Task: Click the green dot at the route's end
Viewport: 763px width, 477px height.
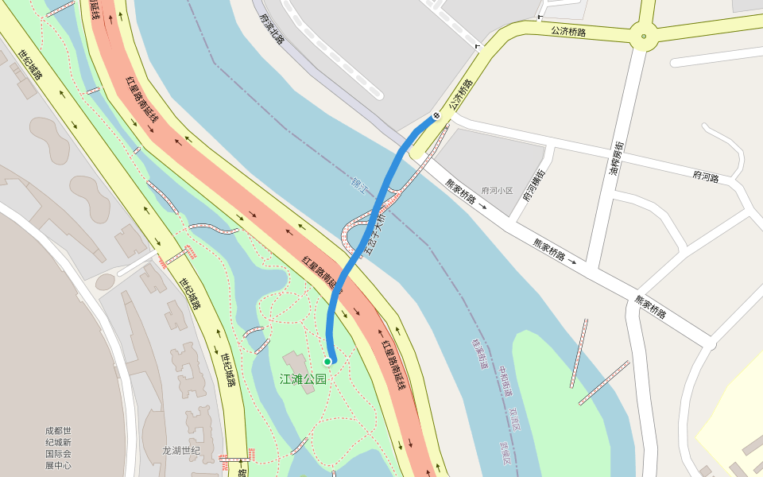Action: (327, 362)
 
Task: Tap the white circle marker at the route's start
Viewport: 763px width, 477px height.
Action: (436, 117)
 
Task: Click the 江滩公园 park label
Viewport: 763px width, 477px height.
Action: (303, 379)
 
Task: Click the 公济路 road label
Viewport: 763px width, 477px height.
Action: (567, 32)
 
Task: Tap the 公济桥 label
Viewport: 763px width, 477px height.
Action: (459, 95)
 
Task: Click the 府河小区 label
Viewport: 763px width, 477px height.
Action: (498, 192)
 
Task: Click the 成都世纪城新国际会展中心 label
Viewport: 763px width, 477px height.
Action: (58, 448)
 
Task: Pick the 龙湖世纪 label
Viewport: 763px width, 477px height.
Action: (181, 451)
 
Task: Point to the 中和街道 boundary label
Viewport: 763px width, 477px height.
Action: (505, 382)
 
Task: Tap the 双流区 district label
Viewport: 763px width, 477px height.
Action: (514, 419)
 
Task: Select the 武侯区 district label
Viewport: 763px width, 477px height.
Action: (503, 455)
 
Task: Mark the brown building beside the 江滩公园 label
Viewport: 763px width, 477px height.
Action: (294, 362)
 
